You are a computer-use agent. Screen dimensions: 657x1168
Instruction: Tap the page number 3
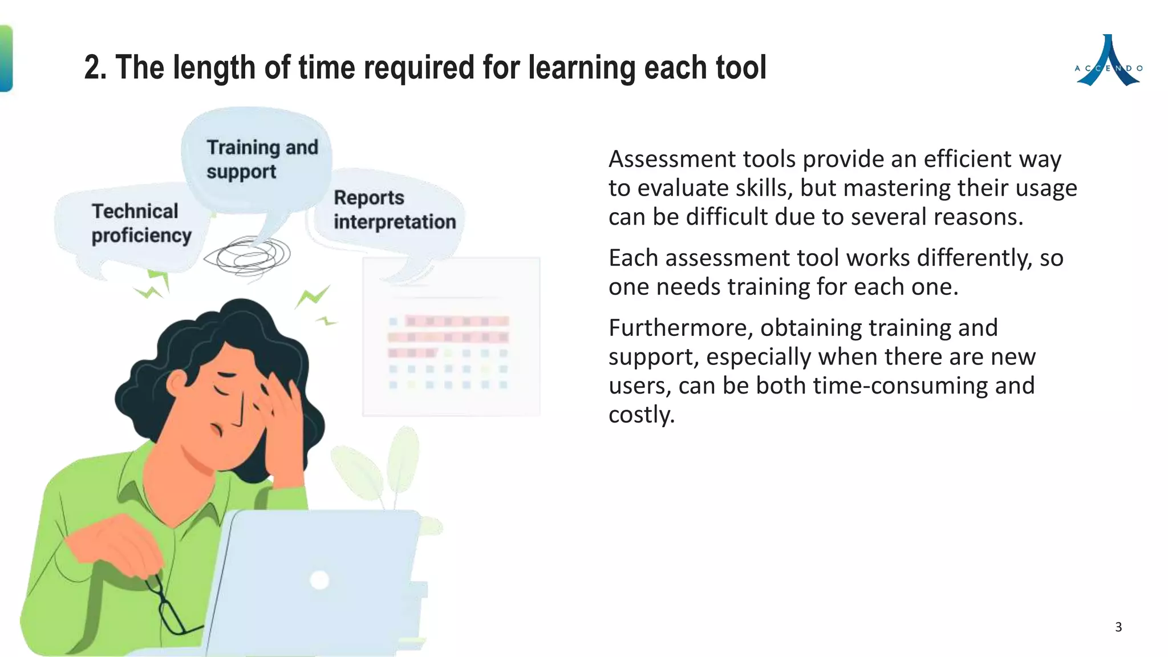click(1118, 627)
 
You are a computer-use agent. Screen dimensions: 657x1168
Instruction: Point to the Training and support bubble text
click(262, 159)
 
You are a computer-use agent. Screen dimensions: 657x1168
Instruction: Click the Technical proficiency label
click(141, 223)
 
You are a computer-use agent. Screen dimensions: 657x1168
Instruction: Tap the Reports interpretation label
click(394, 209)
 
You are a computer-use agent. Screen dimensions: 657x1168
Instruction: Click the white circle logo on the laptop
click(319, 580)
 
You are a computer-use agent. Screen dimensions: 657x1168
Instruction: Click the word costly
click(641, 415)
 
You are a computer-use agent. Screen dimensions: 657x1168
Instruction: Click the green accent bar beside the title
click(6, 58)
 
